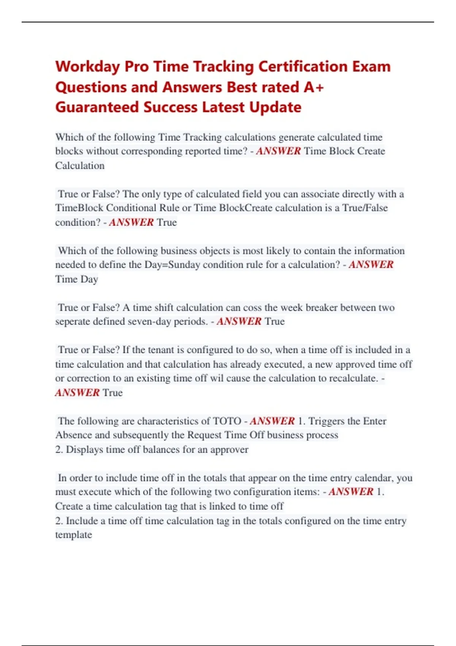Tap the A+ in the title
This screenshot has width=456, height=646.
314,87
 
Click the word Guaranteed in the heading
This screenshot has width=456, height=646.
97,108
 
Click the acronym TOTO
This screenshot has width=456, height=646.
227,421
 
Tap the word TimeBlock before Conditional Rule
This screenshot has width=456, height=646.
79,208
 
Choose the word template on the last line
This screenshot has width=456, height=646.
73,535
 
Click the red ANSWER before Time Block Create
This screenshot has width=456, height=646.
279,151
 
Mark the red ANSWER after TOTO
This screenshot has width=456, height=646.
272,421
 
